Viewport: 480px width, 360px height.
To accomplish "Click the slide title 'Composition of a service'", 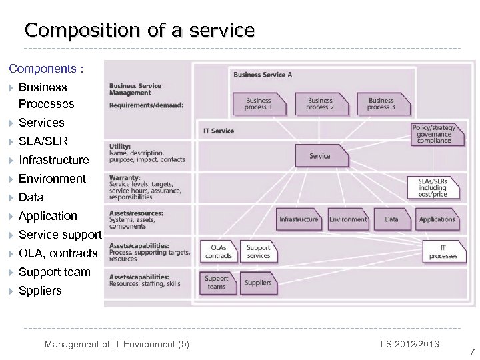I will [x=139, y=30].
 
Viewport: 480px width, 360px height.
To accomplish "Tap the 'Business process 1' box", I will [x=258, y=104].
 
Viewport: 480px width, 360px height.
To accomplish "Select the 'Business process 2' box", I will [x=320, y=104].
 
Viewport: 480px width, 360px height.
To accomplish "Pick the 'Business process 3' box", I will [x=381, y=104].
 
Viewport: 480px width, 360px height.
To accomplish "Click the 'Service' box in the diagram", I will [x=320, y=156].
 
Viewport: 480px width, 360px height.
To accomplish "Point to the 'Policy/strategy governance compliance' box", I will [x=434, y=134].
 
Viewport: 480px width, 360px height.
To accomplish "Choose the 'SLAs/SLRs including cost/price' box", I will [x=433, y=187].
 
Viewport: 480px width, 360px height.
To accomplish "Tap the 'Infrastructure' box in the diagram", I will [x=299, y=219].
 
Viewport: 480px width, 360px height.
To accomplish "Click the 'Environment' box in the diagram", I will [x=348, y=219].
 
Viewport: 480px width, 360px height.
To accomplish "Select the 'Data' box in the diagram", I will [x=392, y=219].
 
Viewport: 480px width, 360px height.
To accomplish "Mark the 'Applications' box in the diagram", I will [x=437, y=219].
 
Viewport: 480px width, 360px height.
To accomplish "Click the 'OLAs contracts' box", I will [x=219, y=252].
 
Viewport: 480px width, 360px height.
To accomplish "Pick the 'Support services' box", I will [x=259, y=252].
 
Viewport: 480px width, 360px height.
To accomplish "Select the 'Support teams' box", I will [x=217, y=283].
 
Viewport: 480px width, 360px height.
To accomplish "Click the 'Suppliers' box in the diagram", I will [x=258, y=283].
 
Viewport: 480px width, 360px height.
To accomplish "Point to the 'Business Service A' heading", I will [x=263, y=75].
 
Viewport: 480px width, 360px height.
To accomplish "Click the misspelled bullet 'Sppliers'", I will [x=40, y=291].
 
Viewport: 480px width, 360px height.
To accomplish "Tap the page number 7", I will [x=472, y=352].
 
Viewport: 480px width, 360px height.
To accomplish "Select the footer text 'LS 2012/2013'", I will [x=410, y=344].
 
